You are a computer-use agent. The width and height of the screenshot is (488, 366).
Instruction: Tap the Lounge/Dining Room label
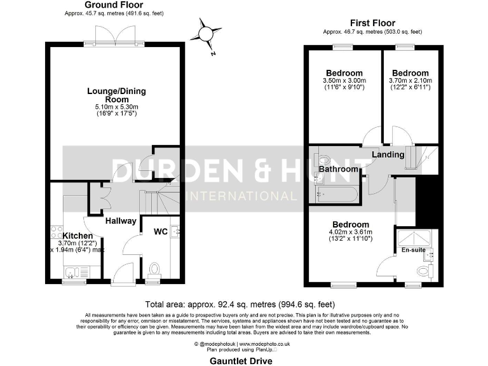pyautogui.click(x=113, y=95)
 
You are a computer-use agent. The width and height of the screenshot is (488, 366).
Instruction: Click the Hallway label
pyautogui.click(x=120, y=221)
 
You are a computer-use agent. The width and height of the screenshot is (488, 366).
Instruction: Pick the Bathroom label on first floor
pyautogui.click(x=338, y=170)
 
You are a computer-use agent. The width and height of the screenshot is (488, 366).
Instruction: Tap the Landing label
pyautogui.click(x=388, y=154)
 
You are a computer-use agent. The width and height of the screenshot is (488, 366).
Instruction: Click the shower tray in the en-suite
pyautogui.click(x=412, y=238)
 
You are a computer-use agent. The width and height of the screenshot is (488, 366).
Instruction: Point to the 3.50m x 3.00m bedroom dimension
pyautogui.click(x=344, y=81)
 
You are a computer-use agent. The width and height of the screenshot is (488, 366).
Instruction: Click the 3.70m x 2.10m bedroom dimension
pyautogui.click(x=410, y=81)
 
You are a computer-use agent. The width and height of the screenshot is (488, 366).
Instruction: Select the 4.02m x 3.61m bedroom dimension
pyautogui.click(x=351, y=233)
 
